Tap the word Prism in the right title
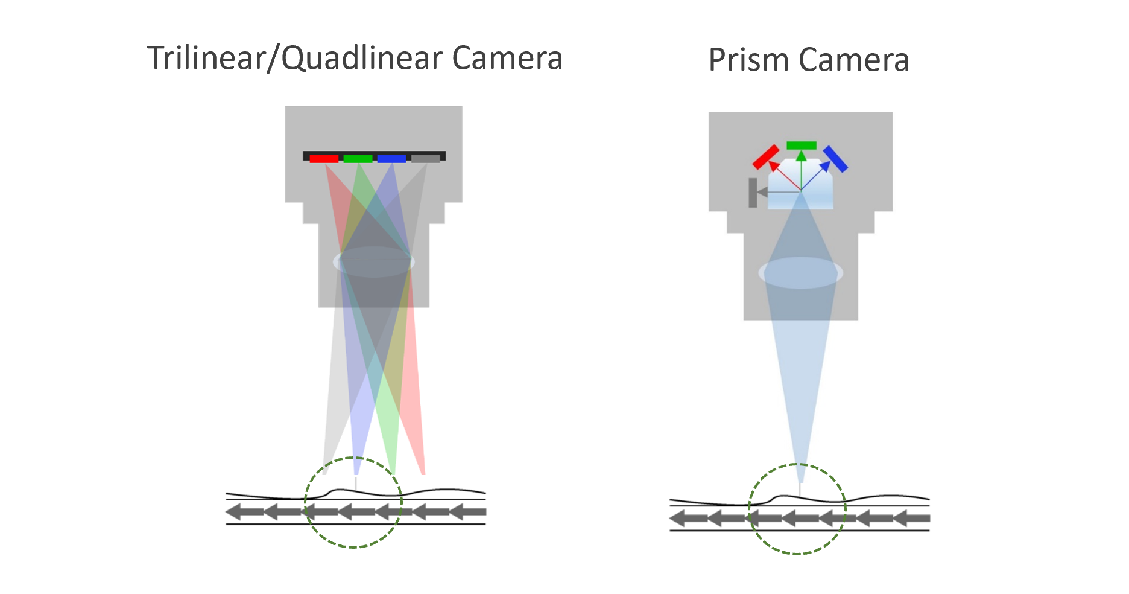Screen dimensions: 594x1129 tap(748, 60)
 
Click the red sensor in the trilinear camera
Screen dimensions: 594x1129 tap(324, 159)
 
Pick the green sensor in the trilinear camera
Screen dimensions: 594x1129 tap(358, 159)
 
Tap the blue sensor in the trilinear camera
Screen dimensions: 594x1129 tap(391, 159)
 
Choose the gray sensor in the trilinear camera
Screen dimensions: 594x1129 tap(426, 159)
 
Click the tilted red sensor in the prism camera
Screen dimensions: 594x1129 tap(766, 157)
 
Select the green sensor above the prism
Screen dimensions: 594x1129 tap(802, 145)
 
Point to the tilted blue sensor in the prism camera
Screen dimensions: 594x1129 tap(836, 159)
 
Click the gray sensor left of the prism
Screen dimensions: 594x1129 tap(753, 193)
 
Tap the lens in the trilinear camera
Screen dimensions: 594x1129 tap(374, 262)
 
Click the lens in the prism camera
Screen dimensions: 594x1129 tap(800, 273)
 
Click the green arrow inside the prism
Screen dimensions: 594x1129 tap(801, 169)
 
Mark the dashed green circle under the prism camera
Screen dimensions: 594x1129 tap(797, 553)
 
